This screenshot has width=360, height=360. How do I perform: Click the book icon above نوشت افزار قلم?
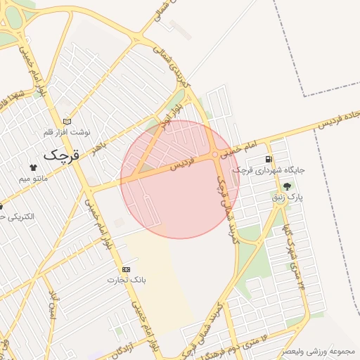pyautogui.click(x=67, y=121)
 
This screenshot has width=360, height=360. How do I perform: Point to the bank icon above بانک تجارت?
pyautogui.click(x=126, y=269)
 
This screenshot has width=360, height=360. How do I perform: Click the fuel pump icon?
pyautogui.click(x=269, y=160)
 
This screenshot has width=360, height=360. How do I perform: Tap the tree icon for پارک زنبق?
pyautogui.click(x=287, y=187)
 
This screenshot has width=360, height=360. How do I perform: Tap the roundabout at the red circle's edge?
pyautogui.click(x=214, y=154)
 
